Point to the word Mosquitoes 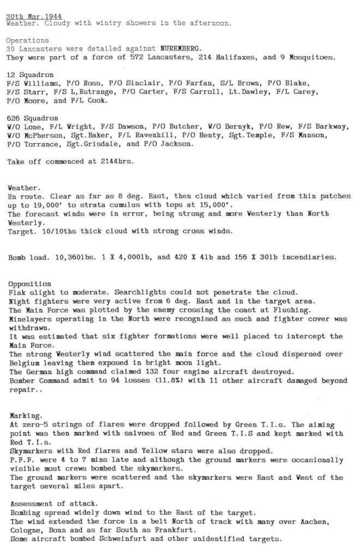309,57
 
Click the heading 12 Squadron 31,74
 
